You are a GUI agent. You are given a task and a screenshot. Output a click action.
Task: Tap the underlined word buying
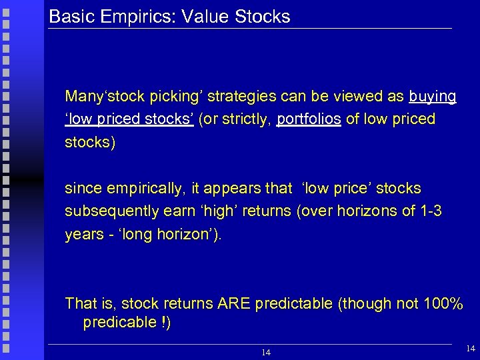click(x=433, y=97)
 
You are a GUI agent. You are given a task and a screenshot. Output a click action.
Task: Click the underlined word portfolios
click(x=309, y=119)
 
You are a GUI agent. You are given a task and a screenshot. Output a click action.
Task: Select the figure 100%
click(x=443, y=304)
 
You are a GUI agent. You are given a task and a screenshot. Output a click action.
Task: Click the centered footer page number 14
click(x=266, y=351)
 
